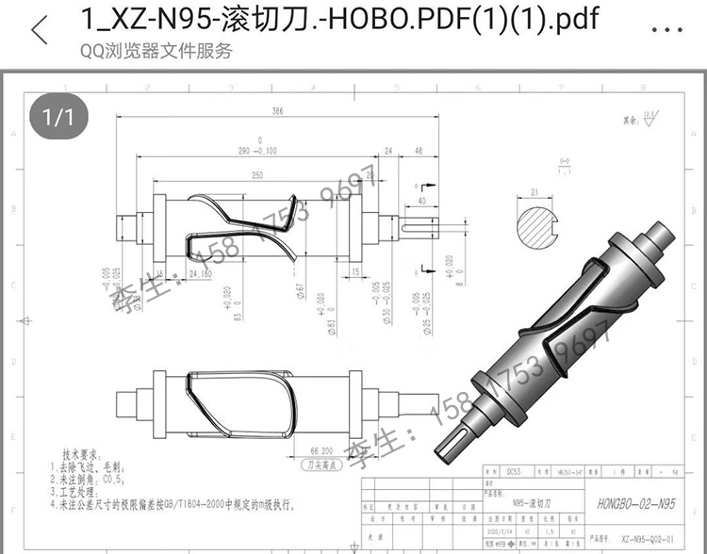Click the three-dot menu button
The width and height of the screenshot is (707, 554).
(x=666, y=28)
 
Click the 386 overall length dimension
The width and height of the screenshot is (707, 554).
(x=277, y=112)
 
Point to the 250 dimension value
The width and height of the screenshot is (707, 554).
(x=256, y=175)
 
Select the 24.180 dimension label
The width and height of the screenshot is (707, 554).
(x=199, y=274)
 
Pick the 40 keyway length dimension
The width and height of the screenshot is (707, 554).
(x=421, y=201)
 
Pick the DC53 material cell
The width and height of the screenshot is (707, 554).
(x=514, y=468)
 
